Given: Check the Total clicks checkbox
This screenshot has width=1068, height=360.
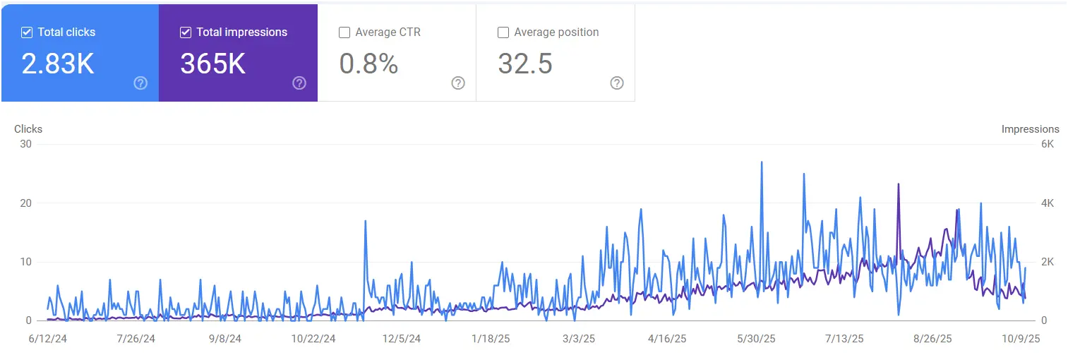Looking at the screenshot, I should pos(27,32).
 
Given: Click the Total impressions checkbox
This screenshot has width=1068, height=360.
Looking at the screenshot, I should pos(186,32).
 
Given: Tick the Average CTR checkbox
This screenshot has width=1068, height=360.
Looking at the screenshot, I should pos(344,32).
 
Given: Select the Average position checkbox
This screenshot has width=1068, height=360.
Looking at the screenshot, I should pos(503,32).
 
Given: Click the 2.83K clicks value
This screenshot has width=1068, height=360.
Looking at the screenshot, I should pos(58,64).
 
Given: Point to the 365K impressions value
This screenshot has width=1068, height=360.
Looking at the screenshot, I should pos(212,64).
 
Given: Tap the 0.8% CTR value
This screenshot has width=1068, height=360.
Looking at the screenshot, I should pos(368,64).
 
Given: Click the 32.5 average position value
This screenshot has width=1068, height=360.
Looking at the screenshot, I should pos(525,64).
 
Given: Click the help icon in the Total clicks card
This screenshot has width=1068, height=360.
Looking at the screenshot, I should pos(140,83).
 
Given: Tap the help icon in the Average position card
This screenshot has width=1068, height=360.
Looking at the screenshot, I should pos(617,83).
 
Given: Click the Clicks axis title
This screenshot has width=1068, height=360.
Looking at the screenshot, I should pos(28,129).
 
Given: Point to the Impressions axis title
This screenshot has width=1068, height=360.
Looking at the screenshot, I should pos(1030,129).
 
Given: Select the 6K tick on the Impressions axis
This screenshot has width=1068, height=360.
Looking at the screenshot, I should pos(1048,144).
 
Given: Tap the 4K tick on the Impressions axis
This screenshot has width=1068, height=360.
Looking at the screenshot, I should pos(1048,203).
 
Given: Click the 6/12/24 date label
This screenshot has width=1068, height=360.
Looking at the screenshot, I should pos(47,339).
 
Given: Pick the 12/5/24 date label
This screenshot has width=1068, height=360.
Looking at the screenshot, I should pos(402,339).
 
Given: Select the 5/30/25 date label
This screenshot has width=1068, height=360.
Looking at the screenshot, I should pos(756,339).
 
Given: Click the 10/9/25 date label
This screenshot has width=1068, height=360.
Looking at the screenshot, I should pos(1022,339).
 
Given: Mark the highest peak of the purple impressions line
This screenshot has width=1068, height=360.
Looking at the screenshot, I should pos(899,184).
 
